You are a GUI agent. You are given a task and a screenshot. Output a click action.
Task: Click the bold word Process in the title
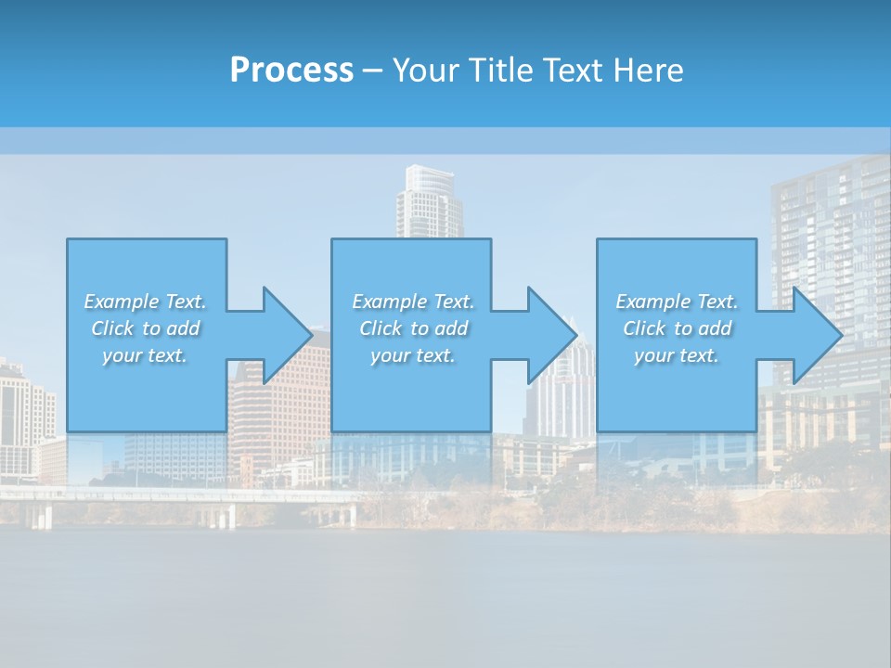tap(291, 71)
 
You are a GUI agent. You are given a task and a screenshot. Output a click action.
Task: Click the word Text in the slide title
tap(571, 71)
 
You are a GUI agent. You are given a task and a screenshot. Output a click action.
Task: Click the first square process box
tap(147, 269)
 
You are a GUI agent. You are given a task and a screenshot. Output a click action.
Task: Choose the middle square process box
tap(411, 269)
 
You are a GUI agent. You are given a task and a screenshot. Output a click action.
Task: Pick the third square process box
tap(676, 269)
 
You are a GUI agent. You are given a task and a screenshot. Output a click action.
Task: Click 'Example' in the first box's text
tap(121, 302)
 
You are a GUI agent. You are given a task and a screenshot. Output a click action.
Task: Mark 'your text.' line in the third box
tap(676, 355)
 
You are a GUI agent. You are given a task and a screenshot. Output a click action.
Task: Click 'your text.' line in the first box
tap(145, 355)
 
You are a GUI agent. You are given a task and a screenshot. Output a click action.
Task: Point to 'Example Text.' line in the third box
tap(676, 302)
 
